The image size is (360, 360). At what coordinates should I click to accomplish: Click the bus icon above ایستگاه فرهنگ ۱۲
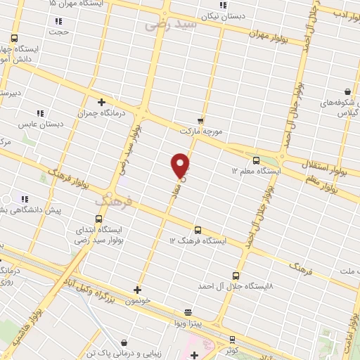click(x=198, y=229)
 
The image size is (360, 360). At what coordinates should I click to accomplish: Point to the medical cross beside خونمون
click(x=137, y=289)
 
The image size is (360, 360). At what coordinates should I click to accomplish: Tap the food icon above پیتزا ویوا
click(x=187, y=312)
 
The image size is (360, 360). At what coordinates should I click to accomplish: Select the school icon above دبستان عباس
click(x=40, y=112)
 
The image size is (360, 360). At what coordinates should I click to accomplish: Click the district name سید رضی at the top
click(x=167, y=25)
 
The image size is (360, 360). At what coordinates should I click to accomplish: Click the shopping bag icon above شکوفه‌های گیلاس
click(x=347, y=91)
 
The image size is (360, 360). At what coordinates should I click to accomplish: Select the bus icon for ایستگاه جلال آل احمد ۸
click(x=235, y=276)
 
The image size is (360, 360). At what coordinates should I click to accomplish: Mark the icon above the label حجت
click(x=58, y=21)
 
